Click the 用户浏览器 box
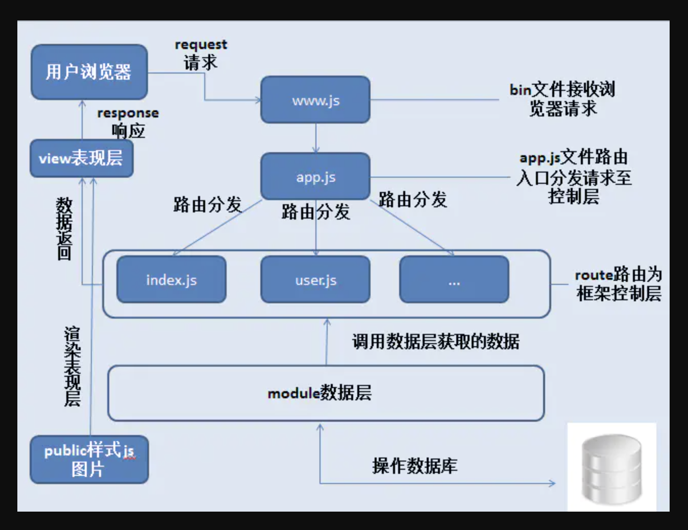[x=89, y=72]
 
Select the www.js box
[x=315, y=100]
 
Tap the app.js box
[x=315, y=177]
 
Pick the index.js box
[x=171, y=280]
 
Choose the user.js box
[x=315, y=280]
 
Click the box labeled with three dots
[x=454, y=280]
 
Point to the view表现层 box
[x=82, y=158]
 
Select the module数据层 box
[x=326, y=393]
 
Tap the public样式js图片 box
[x=89, y=460]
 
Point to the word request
[x=201, y=45]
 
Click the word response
[x=128, y=113]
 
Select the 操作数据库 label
[x=414, y=466]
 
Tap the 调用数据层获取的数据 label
[x=435, y=341]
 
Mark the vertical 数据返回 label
[x=64, y=229]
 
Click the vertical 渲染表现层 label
[x=72, y=366]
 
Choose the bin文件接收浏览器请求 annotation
[x=562, y=99]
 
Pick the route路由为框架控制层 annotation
[x=618, y=284]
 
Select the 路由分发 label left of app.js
[x=207, y=204]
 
